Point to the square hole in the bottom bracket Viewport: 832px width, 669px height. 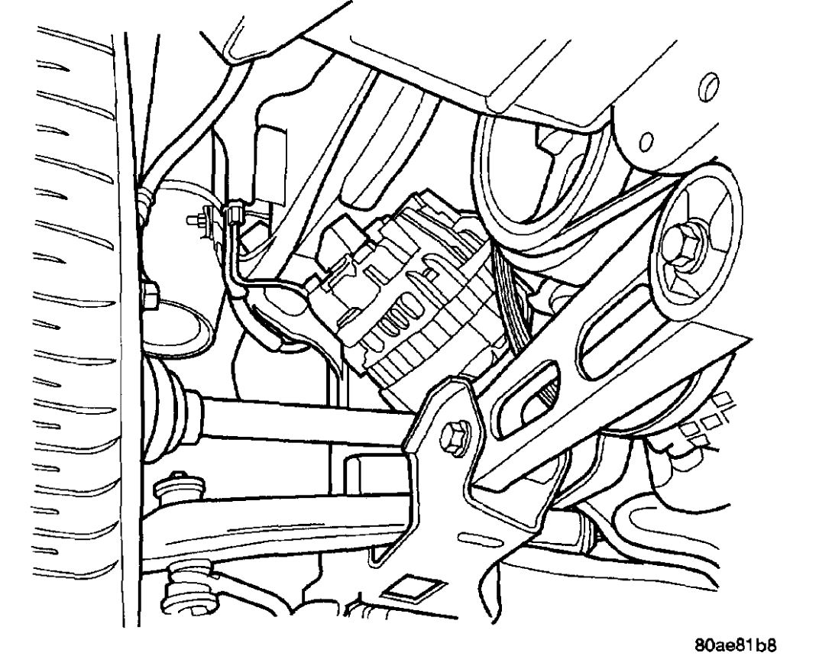pyautogui.click(x=405, y=589)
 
